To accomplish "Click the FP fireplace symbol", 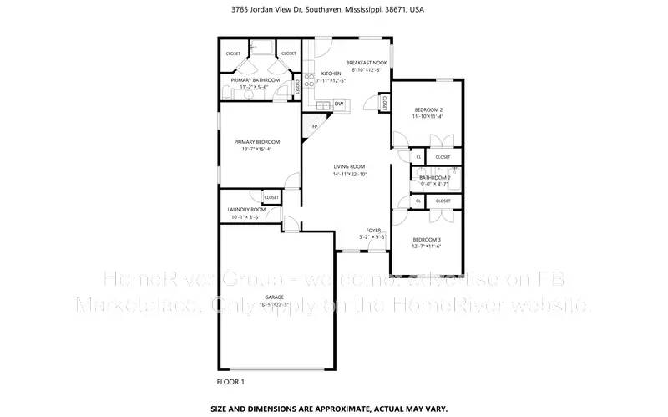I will (x=315, y=127).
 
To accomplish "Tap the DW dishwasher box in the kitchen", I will (x=339, y=104).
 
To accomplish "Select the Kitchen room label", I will (x=331, y=74).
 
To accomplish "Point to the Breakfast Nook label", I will (x=367, y=63).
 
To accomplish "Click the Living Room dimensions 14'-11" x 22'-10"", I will (x=349, y=175).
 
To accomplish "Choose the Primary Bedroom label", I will (x=256, y=142).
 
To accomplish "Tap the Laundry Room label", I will (x=246, y=210).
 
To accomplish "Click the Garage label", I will (x=275, y=297).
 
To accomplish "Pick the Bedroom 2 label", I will (x=429, y=109).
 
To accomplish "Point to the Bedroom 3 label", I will (x=426, y=240).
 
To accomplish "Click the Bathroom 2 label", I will (x=434, y=177).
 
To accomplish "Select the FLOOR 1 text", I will (x=230, y=382).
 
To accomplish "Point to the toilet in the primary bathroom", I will (x=229, y=91).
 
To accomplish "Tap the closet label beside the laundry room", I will (x=271, y=197).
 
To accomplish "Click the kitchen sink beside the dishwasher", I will (x=324, y=104).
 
